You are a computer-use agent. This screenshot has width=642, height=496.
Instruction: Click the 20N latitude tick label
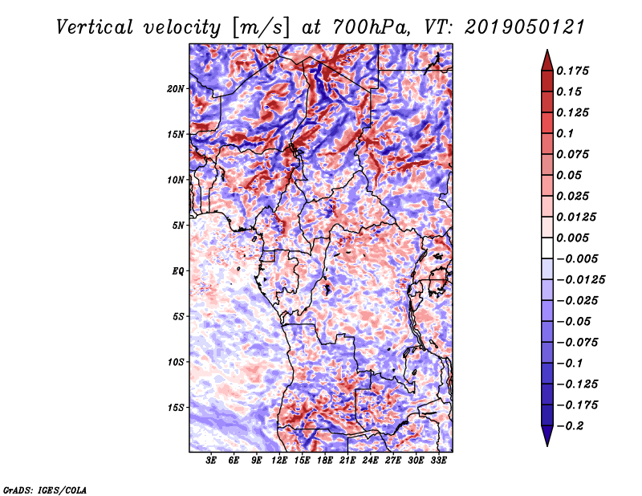[x=176, y=88]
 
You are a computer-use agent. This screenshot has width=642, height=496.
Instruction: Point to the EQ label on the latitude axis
[x=179, y=271]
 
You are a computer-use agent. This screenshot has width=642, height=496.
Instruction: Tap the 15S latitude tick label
[x=176, y=408]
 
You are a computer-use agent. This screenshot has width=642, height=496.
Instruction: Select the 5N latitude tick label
[x=178, y=226]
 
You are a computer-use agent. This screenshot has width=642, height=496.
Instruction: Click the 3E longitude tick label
[x=212, y=461]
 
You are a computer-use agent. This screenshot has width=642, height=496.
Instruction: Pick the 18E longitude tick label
[x=325, y=461]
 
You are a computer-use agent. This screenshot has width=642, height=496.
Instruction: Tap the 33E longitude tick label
[x=438, y=461]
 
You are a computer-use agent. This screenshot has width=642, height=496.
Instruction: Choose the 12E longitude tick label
[x=279, y=461]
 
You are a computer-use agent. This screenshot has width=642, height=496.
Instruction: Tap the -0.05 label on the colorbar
[x=576, y=321]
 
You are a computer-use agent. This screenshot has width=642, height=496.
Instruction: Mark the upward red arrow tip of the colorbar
[x=547, y=54]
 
